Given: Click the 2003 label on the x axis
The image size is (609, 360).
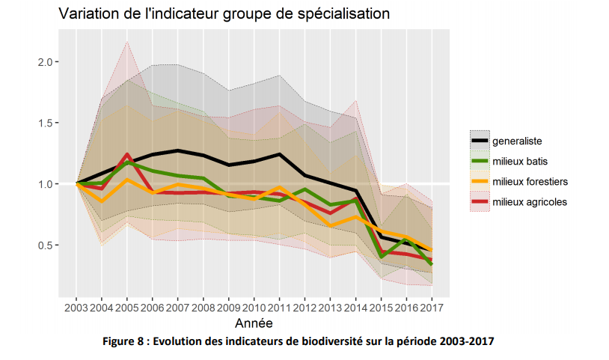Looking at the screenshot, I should coord(76,307).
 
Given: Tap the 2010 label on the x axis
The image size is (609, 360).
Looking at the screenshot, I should coord(254,307).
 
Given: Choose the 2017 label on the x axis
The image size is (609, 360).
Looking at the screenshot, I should coord(432,307).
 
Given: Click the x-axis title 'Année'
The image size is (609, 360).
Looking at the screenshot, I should coord(254,323).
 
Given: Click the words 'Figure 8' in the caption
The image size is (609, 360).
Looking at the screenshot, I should coord(125,341).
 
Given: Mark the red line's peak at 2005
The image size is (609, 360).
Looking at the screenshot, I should coord(127,154).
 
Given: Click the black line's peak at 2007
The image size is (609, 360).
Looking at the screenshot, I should coord(178,150).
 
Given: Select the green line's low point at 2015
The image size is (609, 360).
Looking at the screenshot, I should coord(382,257).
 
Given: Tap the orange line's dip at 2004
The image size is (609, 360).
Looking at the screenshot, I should coord(102,201).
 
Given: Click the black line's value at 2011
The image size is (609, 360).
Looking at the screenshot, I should coord(280,154).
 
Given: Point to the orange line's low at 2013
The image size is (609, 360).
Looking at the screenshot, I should coord(331,225).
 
